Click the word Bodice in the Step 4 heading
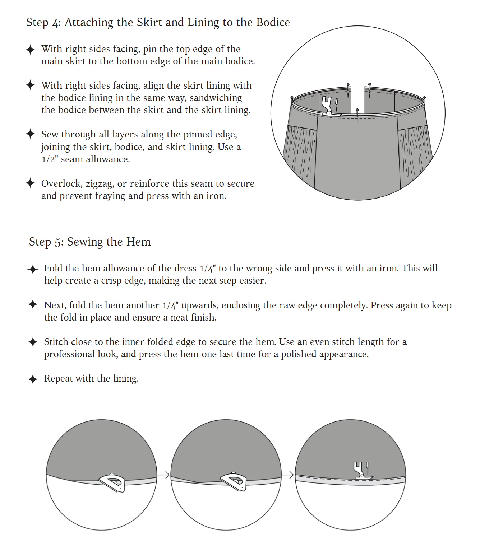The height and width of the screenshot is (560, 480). click(x=273, y=22)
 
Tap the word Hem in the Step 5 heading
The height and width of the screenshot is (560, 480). click(x=139, y=242)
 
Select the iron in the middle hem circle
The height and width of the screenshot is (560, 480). click(x=234, y=481)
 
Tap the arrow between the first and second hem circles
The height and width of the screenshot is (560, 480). click(x=163, y=475)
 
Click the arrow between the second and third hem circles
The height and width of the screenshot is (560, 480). click(x=288, y=475)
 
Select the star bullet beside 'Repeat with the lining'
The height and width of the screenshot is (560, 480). click(x=33, y=379)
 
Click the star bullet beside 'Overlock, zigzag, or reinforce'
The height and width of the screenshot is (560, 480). click(x=30, y=183)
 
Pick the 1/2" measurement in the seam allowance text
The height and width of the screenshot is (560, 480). click(x=50, y=159)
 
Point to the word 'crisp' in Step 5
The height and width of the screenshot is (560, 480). click(x=111, y=280)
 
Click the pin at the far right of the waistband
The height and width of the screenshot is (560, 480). click(x=424, y=98)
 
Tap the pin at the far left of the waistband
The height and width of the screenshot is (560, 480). click(x=292, y=98)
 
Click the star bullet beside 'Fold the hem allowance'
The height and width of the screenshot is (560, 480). click(x=33, y=269)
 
